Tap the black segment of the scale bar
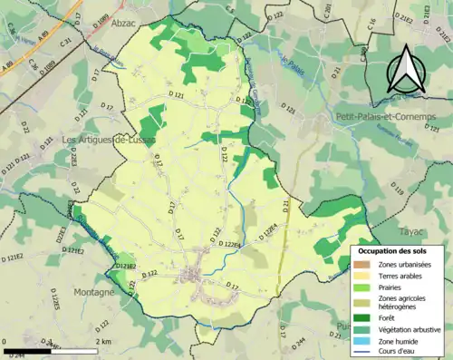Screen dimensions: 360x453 click(27, 349)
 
